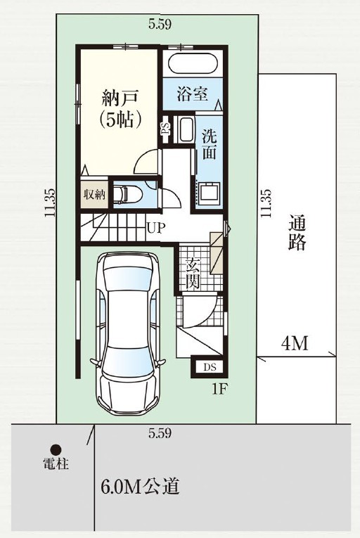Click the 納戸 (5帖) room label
click(120, 108)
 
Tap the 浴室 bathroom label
click(193, 94)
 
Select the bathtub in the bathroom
click(193, 63)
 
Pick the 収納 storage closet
click(95, 195)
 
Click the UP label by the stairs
click(157, 227)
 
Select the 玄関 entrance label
click(193, 273)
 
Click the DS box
click(210, 367)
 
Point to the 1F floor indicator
click(219, 389)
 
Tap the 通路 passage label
click(297, 233)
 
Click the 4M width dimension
click(295, 343)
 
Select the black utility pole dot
click(56, 449)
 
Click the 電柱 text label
click(56, 464)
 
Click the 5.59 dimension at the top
click(160, 25)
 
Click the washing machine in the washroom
click(209, 194)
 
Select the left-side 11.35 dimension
click(49, 203)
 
